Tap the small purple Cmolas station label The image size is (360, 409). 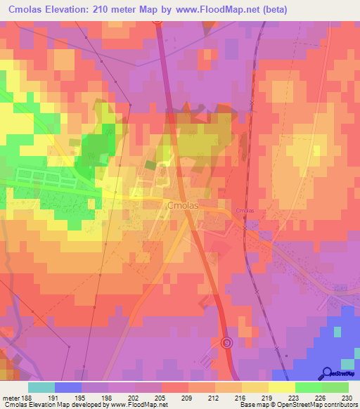245,211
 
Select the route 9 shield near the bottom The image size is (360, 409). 226,342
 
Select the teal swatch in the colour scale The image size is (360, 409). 41,387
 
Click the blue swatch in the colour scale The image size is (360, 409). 68,387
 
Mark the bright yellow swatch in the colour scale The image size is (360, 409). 281,387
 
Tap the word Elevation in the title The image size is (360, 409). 70,8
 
